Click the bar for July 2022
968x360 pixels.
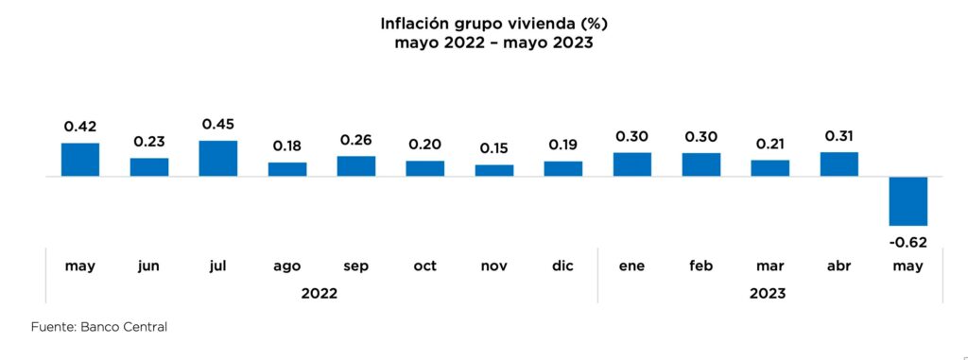[x=217, y=159]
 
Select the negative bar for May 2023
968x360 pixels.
[x=907, y=200]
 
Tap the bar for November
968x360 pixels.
[x=493, y=170]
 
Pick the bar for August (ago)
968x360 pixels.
[x=286, y=169]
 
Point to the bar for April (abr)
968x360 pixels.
[x=838, y=164]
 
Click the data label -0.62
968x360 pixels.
[x=907, y=242]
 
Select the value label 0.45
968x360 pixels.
[x=217, y=124]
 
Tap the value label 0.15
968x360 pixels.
[x=493, y=148]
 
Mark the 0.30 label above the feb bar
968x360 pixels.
[x=700, y=136]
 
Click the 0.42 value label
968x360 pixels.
[x=80, y=126]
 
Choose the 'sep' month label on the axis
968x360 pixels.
[x=355, y=266]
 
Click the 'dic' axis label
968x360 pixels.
[x=562, y=266]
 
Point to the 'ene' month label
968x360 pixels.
[x=631, y=266]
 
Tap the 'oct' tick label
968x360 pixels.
[x=424, y=266]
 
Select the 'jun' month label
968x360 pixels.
[x=148, y=266]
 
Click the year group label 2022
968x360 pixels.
[x=320, y=294]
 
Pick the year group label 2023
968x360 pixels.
[x=768, y=294]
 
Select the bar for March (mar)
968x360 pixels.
[x=769, y=168]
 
